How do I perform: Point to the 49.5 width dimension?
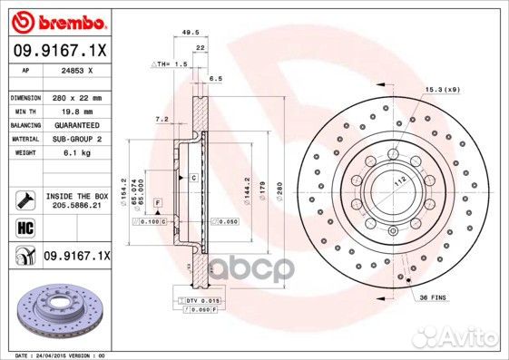click(x=191, y=31)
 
